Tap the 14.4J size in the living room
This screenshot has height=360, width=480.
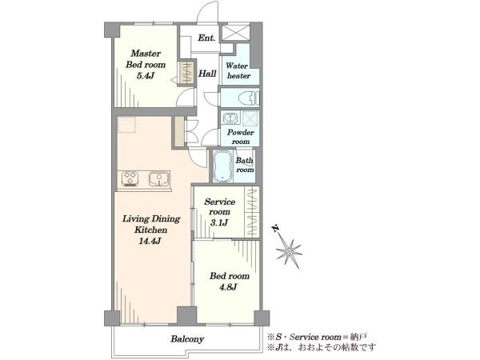click(150, 241)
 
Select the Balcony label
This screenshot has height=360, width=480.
click(187, 339)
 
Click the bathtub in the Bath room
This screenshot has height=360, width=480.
click(222, 166)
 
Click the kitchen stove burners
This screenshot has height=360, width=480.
click(130, 178)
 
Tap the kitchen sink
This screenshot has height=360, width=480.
click(159, 179)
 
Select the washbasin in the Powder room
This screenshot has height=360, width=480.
click(230, 118)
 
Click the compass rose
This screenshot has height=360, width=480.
click(289, 252)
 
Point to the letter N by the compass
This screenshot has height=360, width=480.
click(275, 228)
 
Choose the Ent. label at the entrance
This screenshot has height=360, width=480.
click(206, 38)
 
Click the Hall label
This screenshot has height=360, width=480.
click(207, 74)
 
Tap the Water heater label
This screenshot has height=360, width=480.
click(238, 70)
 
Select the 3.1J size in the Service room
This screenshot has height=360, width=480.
click(219, 222)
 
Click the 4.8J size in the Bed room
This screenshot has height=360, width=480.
click(228, 287)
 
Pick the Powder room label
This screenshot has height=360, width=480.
click(241, 137)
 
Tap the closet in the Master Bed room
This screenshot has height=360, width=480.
click(186, 73)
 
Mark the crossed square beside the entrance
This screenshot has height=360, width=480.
click(235, 33)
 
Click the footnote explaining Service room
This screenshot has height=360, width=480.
click(317, 337)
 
